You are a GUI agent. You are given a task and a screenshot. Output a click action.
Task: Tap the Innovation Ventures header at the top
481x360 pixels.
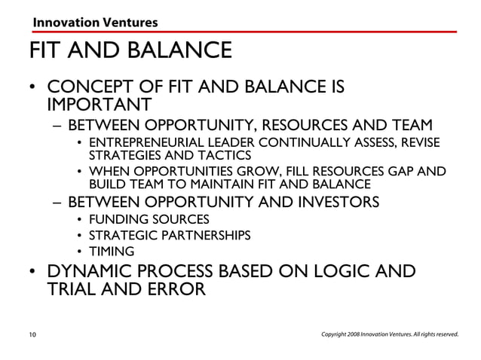[x=94, y=23]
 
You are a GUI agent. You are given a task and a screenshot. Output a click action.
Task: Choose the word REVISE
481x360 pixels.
[x=418, y=143]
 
